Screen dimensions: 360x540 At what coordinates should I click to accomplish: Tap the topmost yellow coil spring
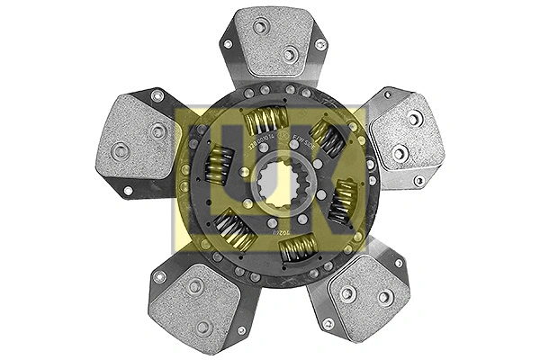pos(266,120)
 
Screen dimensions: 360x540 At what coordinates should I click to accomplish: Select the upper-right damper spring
pos(327,140)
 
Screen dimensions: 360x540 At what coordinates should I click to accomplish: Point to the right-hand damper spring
pos(344,201)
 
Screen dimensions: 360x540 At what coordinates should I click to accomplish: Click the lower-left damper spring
pos(237,230)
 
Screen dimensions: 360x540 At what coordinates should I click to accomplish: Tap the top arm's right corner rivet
pos(320,43)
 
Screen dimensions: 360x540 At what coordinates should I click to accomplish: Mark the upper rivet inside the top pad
pos(260,27)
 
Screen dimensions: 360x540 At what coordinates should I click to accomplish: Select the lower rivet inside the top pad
pos(289,54)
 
